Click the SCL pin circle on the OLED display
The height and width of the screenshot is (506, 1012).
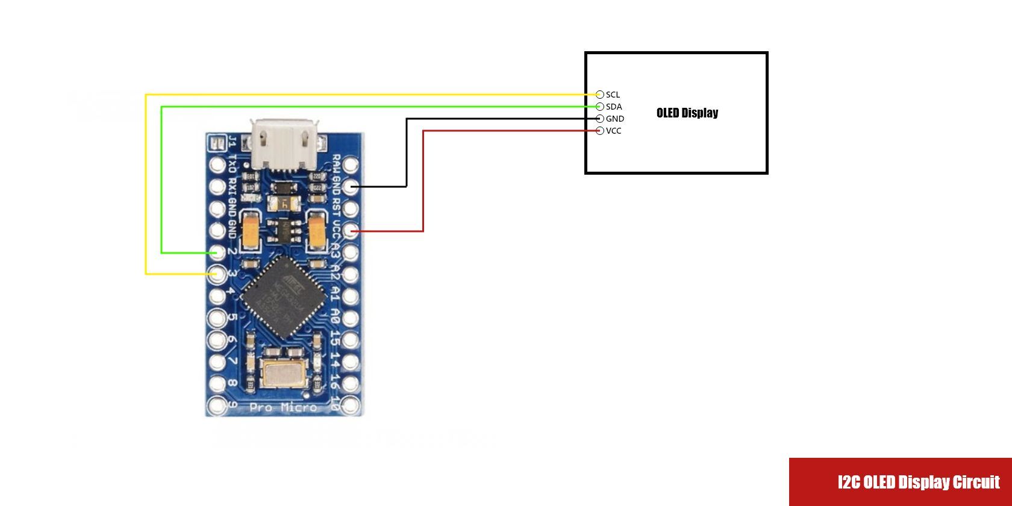pos(599,95)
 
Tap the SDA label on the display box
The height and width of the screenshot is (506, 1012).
pos(614,107)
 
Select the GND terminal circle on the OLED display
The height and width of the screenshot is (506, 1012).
pos(599,119)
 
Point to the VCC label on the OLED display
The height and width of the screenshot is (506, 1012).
pos(614,131)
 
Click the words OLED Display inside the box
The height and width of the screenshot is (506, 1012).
pos(687,113)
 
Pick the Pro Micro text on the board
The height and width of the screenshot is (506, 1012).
pos(283,408)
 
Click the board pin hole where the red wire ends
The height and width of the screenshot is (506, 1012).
pos(351,231)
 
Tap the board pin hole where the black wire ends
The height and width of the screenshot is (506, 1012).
pos(351,187)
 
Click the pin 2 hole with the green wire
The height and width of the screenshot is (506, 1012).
pos(217,252)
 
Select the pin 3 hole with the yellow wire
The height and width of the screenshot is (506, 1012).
pos(217,275)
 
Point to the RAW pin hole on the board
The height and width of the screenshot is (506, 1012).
pos(351,164)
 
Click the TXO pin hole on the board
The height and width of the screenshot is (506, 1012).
pos(217,164)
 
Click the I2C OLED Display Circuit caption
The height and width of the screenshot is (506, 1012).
pos(918,482)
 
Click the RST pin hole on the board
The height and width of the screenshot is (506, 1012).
pos(351,209)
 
